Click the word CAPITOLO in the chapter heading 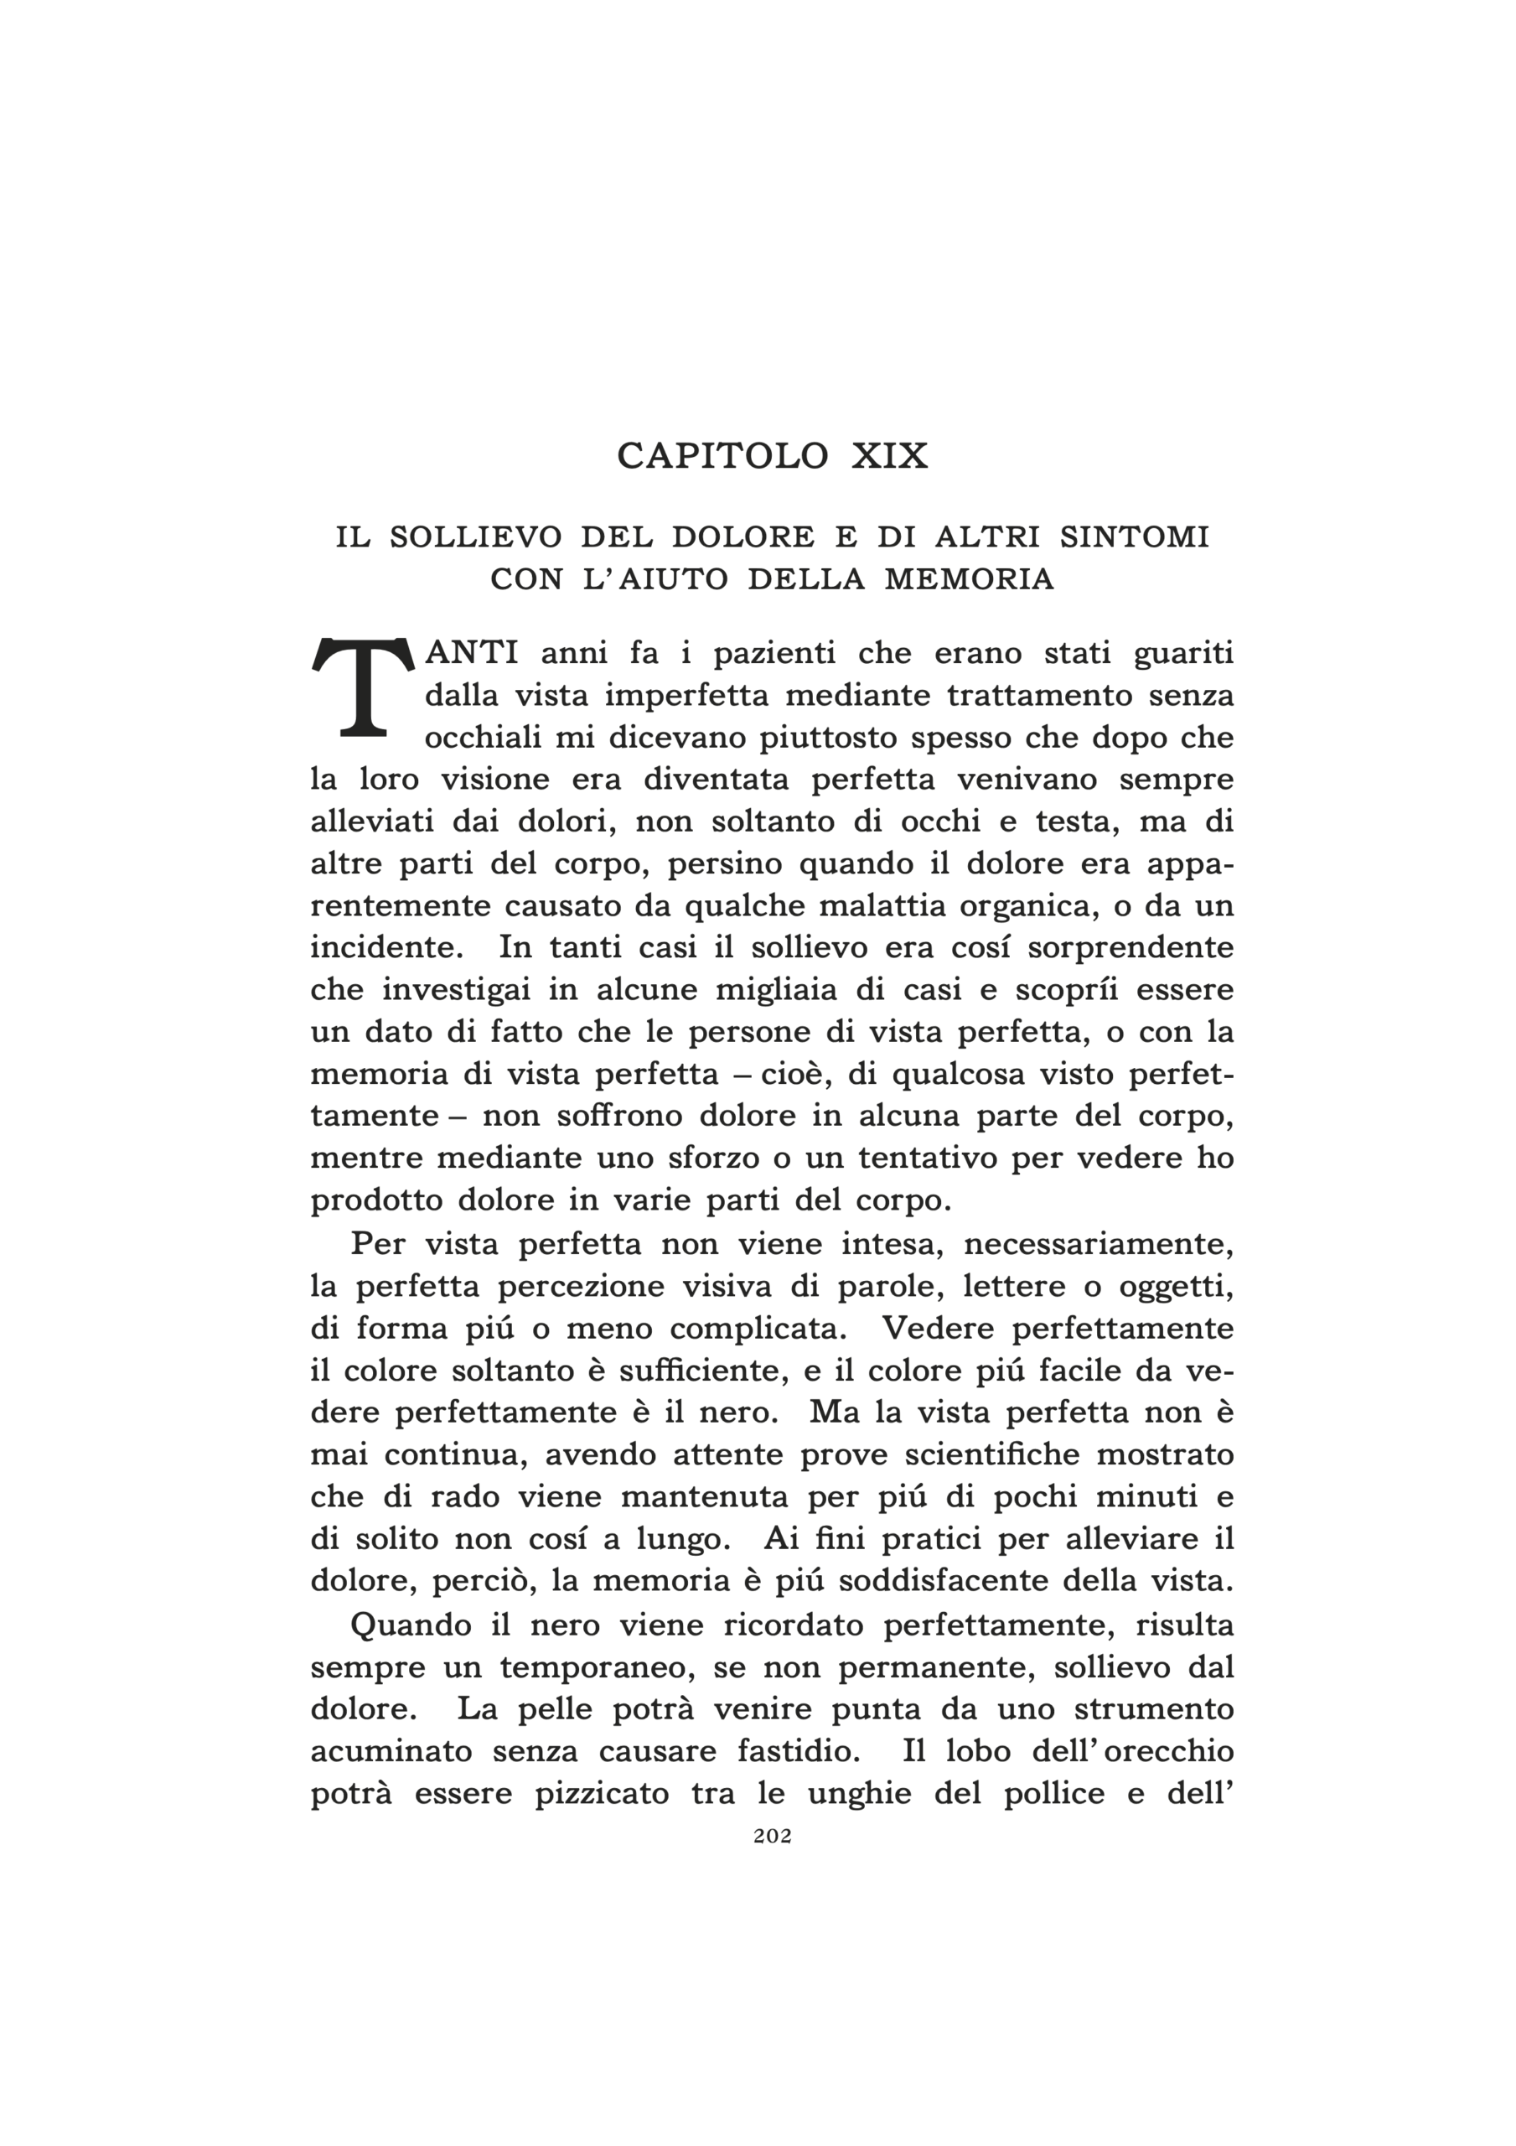[x=722, y=456]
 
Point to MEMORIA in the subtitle [x=970, y=579]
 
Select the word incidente [x=386, y=948]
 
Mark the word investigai [x=478, y=990]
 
